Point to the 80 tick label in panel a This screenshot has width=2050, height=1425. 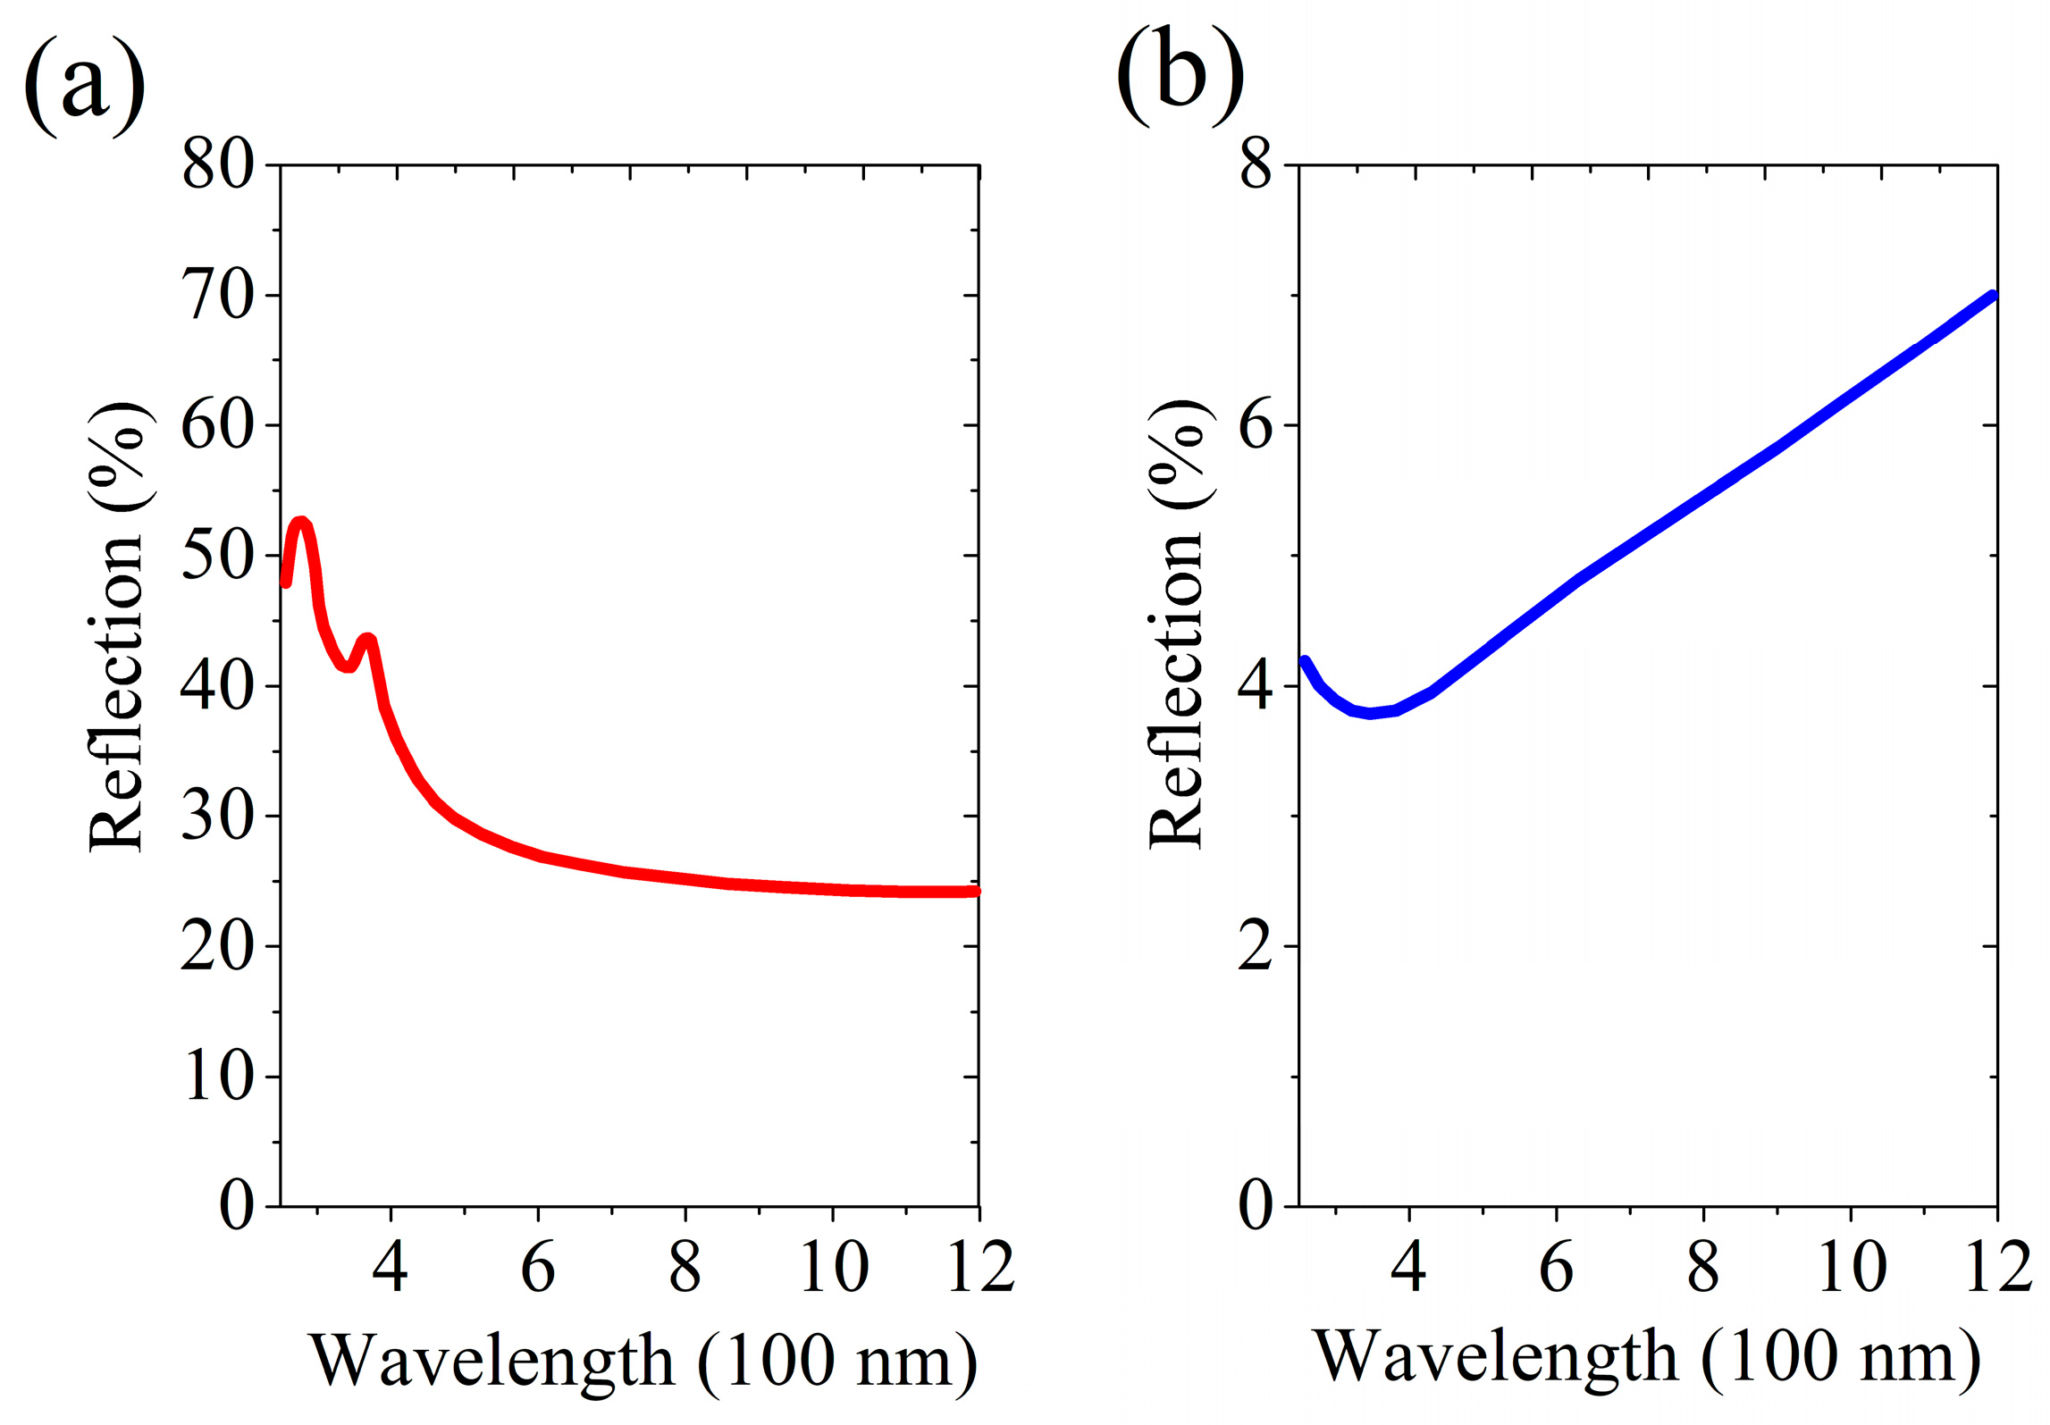point(217,165)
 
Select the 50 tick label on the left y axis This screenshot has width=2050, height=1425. point(217,556)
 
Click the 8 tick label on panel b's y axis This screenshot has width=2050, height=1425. point(1256,165)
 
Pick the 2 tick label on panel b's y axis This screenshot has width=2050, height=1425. point(1256,947)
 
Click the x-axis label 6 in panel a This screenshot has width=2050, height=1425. point(538,1267)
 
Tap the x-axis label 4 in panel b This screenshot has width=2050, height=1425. point(1408,1267)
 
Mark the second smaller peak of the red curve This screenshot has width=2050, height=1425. point(367,640)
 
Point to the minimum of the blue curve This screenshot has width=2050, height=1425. point(1369,713)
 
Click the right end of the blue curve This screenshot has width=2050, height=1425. point(1992,297)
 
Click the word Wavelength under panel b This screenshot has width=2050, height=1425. point(1495,1356)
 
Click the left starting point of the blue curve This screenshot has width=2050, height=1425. point(1305,662)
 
